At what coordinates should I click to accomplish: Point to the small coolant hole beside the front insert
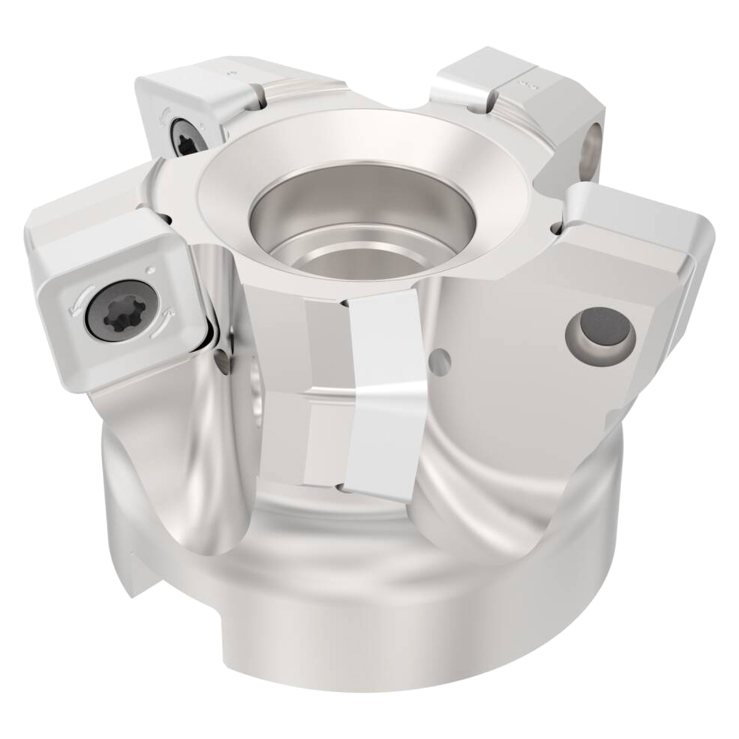coord(442,359)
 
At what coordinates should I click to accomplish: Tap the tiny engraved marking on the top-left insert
coord(230,74)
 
